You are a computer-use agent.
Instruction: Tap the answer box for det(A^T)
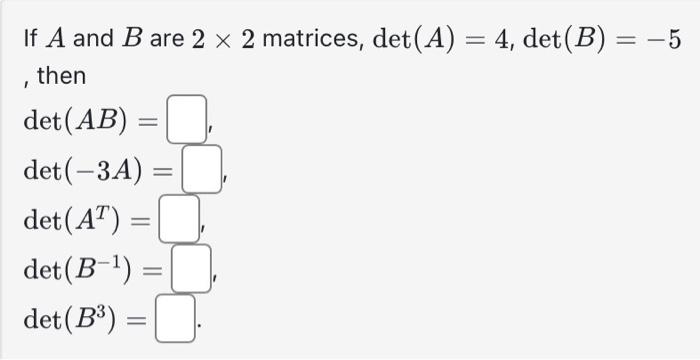point(180,218)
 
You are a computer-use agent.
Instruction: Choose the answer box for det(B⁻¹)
point(191,267)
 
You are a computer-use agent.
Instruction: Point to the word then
point(62,76)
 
